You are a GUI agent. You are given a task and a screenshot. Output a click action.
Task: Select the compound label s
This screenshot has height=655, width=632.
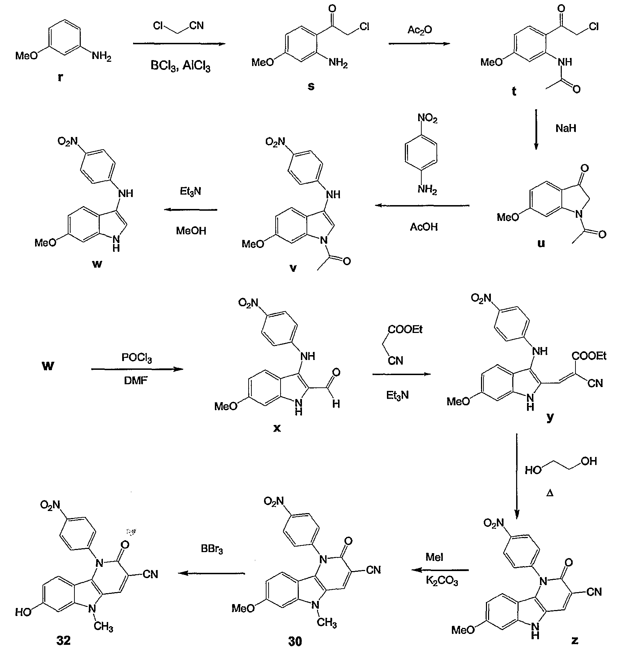pos(311,86)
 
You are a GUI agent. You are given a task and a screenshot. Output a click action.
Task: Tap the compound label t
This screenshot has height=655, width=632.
pos(514,91)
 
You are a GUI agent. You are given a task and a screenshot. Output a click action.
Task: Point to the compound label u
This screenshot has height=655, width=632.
pos(541,243)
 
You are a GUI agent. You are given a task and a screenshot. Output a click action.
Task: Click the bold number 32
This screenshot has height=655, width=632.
pos(64,640)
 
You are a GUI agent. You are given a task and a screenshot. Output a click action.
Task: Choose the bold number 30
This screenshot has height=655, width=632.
pos(295,641)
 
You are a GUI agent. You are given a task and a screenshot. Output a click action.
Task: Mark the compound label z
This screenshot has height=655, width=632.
pos(575,640)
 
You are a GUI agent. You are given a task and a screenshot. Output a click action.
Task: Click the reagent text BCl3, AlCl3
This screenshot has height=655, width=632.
pos(180,66)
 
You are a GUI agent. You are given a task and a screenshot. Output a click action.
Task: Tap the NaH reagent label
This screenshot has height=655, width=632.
pos(566,128)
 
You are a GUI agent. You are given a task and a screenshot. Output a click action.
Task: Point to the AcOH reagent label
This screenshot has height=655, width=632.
pos(424,227)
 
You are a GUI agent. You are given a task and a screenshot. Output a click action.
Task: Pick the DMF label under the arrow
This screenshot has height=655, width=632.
pos(136,380)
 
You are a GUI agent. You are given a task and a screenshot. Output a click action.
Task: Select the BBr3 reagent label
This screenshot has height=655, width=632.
pos(212,549)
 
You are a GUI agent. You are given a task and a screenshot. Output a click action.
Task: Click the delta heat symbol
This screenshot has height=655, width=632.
pos(550,493)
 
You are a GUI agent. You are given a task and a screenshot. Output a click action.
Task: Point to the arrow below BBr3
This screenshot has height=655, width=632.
pos(211,573)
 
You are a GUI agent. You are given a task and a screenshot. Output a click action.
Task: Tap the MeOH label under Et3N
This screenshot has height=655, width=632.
pos(191,231)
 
